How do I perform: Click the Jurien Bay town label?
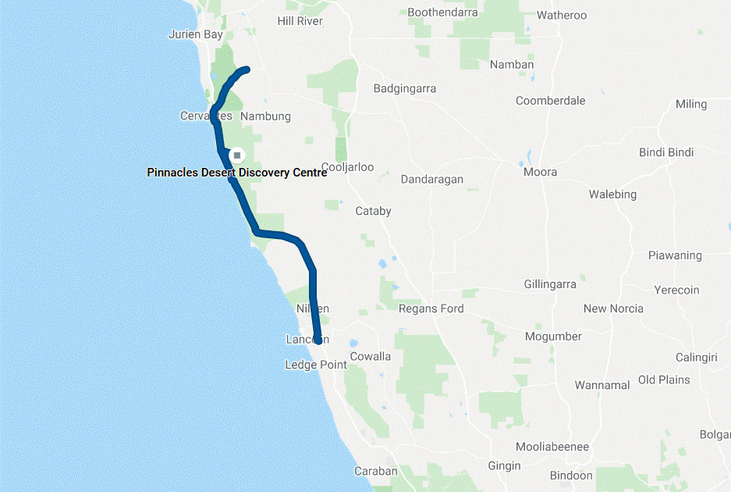point(196,34)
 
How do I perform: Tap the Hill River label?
point(300,21)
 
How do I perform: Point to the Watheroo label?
point(562,15)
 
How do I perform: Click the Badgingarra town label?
point(405,88)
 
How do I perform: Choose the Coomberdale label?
point(550,101)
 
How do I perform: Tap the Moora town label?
point(541,172)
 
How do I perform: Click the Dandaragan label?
point(432,180)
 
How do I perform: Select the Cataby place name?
point(373,211)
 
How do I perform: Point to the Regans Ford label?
point(431,308)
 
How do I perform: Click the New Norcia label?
point(613,308)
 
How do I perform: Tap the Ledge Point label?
point(316,365)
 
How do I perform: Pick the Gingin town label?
point(504,465)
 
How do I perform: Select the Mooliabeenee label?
point(552,447)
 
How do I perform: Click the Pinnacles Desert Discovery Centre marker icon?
point(237,155)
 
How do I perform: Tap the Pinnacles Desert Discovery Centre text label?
point(237,173)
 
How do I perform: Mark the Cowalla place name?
point(371,356)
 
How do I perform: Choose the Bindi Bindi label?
point(666,152)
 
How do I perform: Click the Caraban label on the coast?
point(376,471)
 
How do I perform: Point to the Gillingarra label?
point(550,284)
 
